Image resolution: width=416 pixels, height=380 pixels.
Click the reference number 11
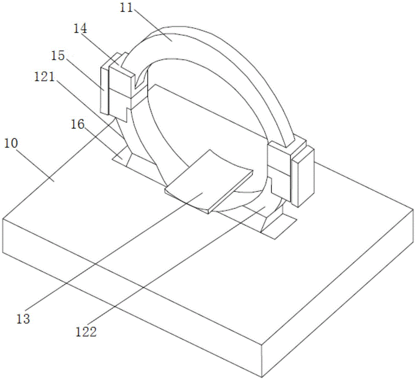[126, 8]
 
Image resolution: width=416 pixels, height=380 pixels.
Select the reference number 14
[80, 29]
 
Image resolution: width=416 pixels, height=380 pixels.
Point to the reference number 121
[45, 77]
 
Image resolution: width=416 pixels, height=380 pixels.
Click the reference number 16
[77, 124]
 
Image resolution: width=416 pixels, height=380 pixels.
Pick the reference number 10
[11, 143]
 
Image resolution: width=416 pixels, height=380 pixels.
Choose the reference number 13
[23, 318]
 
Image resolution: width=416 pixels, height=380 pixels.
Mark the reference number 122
[86, 332]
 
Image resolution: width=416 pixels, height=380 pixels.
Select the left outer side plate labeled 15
[104, 89]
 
